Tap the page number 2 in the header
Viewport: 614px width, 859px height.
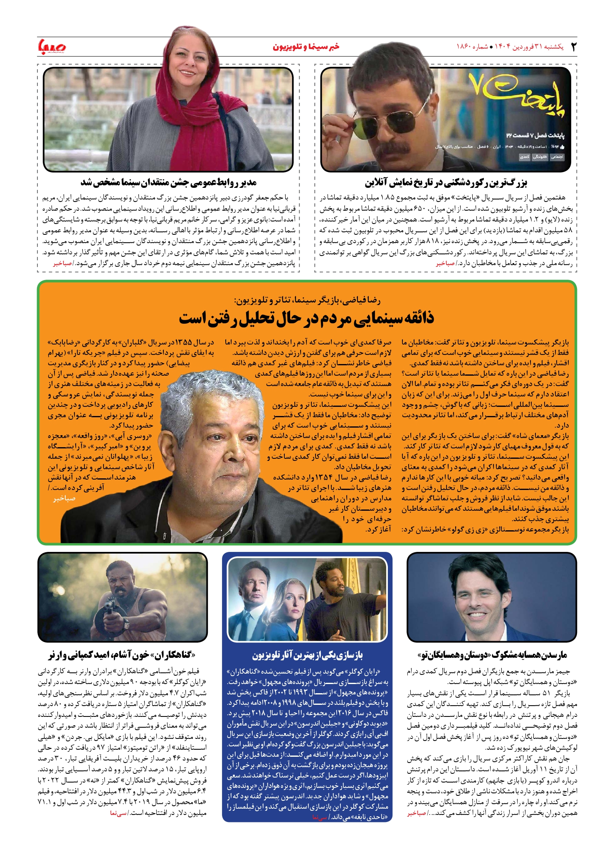click(x=574, y=47)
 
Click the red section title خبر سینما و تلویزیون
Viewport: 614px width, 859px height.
click(x=306, y=47)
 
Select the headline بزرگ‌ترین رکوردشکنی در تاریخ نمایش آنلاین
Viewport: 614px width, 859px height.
click(x=446, y=182)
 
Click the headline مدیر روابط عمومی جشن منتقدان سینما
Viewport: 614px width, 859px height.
click(x=168, y=182)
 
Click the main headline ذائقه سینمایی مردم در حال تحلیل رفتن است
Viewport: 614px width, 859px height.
click(x=306, y=318)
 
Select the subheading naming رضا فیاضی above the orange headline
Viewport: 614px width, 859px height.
click(x=307, y=300)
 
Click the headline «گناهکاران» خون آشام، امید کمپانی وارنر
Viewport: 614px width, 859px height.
click(x=122, y=655)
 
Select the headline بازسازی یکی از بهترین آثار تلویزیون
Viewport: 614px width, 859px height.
click(x=307, y=655)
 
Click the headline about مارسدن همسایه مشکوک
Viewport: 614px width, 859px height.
click(x=492, y=655)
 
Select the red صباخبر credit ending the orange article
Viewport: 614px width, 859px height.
click(x=64, y=498)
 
